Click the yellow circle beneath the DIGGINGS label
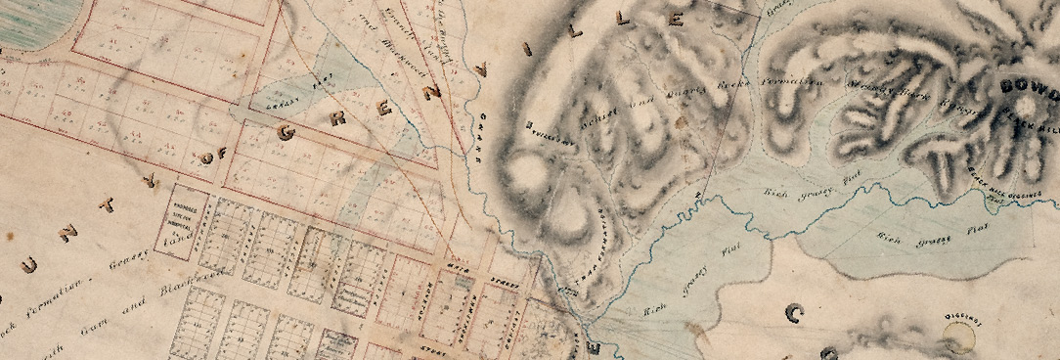(x=959, y=338)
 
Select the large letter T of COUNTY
(x=108, y=203)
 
